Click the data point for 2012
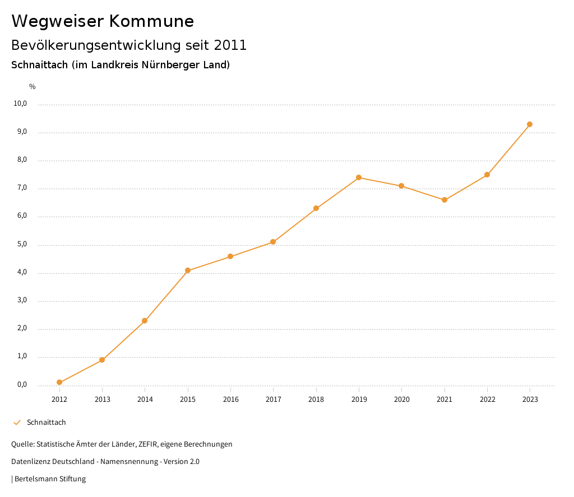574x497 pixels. pos(59,382)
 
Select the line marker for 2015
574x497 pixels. pos(188,270)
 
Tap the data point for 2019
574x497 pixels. pos(359,177)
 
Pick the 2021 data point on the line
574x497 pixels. pos(445,200)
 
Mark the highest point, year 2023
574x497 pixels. pos(530,124)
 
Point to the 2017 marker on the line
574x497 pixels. pos(273,242)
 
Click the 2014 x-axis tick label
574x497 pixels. pos(145,399)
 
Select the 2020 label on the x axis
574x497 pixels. pos(401,399)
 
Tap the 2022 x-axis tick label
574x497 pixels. pos(487,399)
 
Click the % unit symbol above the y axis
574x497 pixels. pos(33,87)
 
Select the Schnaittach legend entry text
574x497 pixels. pos(47,422)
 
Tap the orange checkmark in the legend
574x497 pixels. pos(17,422)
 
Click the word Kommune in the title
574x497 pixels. pos(151,21)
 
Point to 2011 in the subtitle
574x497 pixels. pos(230,45)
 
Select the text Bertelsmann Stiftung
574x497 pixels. pos(50,479)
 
